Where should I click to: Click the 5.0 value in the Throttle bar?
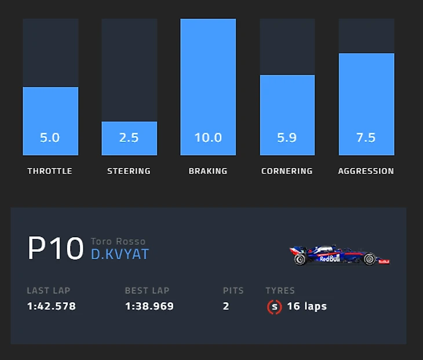pyautogui.click(x=50, y=138)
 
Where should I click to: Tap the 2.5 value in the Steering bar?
pyautogui.click(x=129, y=138)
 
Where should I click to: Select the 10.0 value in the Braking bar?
pyautogui.click(x=208, y=138)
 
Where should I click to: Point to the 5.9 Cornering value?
pyautogui.click(x=287, y=138)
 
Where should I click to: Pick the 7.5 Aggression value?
pyautogui.click(x=366, y=138)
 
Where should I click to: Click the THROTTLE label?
pyautogui.click(x=50, y=171)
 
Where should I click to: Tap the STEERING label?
pyautogui.click(x=129, y=171)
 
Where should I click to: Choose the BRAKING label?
pyautogui.click(x=208, y=171)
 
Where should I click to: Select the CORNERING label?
pyautogui.click(x=287, y=171)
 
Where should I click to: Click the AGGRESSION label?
pyautogui.click(x=366, y=171)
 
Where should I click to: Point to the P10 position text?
pyautogui.click(x=56, y=249)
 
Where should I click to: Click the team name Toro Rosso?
pyautogui.click(x=118, y=241)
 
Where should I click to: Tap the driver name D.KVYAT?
pyautogui.click(x=120, y=255)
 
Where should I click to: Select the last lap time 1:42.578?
pyautogui.click(x=51, y=306)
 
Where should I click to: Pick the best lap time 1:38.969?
pyautogui.click(x=149, y=306)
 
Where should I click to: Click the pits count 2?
pyautogui.click(x=226, y=306)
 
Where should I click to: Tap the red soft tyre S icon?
pyautogui.click(x=274, y=307)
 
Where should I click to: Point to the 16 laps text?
pyautogui.click(x=307, y=306)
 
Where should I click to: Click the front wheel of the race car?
pyautogui.click(x=369, y=259)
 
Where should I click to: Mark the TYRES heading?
pyautogui.click(x=280, y=291)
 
